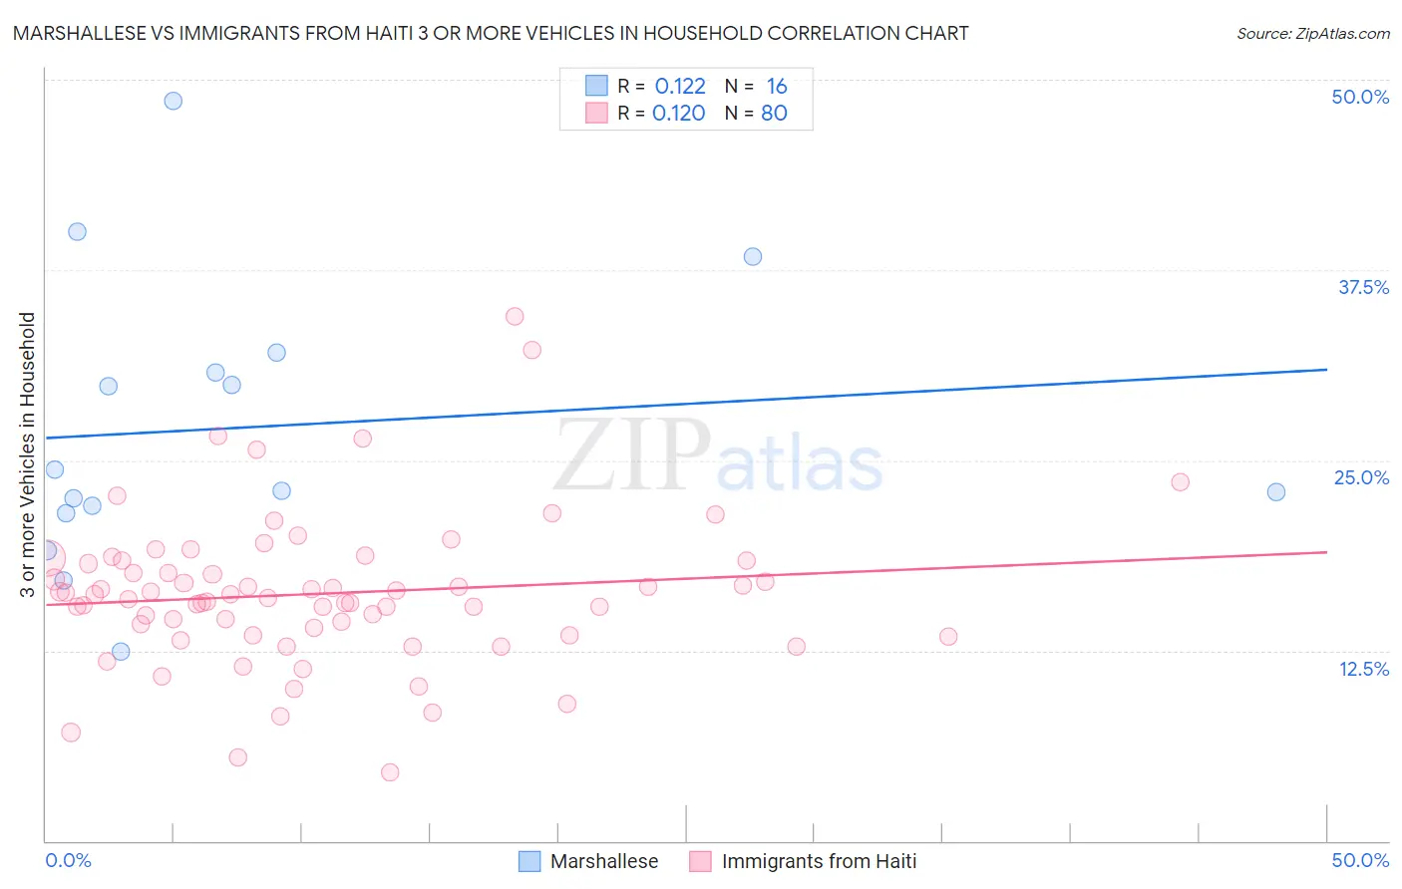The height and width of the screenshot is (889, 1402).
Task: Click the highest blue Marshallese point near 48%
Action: (174, 101)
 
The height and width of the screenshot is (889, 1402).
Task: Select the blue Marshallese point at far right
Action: (1276, 491)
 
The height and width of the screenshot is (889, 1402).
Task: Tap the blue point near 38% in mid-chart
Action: (753, 256)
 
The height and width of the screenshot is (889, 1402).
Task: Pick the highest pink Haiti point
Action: (515, 316)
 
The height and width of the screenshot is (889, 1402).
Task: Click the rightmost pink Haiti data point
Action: (1181, 481)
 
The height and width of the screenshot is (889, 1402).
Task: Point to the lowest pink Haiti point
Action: (390, 772)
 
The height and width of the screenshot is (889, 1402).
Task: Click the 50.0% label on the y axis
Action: (1360, 97)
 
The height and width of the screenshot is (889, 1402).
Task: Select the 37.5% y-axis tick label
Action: (1363, 287)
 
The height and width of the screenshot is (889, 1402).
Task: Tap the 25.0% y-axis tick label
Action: (1361, 477)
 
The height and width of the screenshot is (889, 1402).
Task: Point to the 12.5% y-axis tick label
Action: (1363, 669)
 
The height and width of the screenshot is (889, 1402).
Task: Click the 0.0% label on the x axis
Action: (69, 860)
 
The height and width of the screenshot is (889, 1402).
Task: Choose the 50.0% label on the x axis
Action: (1360, 860)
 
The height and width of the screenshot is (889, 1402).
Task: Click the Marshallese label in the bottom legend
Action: (604, 861)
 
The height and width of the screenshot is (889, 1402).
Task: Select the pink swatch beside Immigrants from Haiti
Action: (701, 861)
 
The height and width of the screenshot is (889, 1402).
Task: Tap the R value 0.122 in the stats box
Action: (680, 87)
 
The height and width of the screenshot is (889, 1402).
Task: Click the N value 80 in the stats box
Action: (774, 114)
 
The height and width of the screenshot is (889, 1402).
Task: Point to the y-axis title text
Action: (28, 454)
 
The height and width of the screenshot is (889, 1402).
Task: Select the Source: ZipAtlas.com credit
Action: (1312, 33)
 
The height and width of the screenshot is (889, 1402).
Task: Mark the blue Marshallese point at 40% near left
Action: (77, 231)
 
